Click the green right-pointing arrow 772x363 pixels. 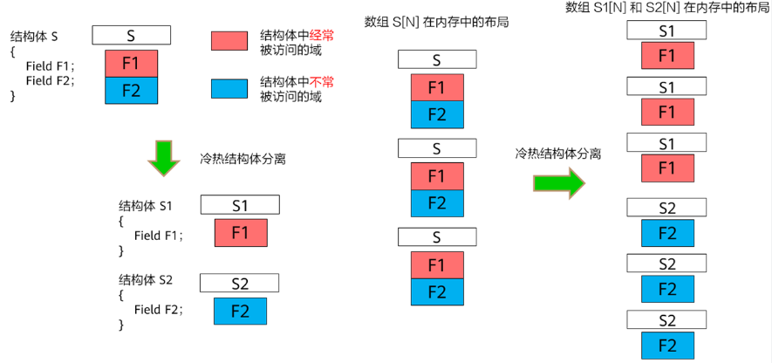[559, 183]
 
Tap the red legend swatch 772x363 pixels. [229, 41]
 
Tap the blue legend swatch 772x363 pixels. [229, 89]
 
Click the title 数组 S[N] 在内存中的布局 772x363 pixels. [436, 23]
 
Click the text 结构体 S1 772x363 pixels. [146, 206]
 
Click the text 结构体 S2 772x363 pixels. [146, 280]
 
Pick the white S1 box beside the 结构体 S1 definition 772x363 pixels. [240, 205]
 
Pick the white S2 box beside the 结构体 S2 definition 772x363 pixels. [239, 284]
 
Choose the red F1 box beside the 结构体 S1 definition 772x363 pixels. [241, 232]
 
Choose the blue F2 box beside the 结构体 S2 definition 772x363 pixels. [240, 311]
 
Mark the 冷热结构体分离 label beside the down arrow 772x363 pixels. [243, 160]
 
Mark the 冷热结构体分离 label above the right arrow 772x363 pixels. [558, 154]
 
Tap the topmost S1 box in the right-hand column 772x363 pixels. [666, 31]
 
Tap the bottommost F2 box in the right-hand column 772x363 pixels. [667, 346]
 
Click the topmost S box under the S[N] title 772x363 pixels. [437, 59]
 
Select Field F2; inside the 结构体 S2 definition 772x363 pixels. [159, 310]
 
